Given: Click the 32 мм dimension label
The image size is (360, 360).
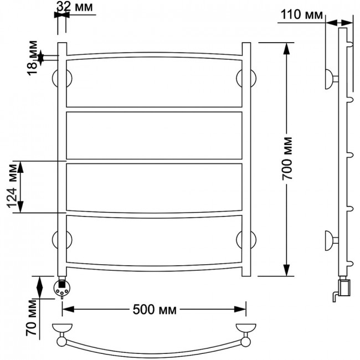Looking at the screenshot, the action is tap(75, 7).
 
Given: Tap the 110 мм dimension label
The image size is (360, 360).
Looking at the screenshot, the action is tap(301, 15).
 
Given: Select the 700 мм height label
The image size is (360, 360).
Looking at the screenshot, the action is tap(287, 158).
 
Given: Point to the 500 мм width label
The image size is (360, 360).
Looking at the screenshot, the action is tap(155, 310).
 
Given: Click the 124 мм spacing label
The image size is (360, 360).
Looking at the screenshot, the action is tap(12, 186).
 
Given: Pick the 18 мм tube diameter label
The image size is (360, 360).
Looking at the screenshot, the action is tap(32, 58).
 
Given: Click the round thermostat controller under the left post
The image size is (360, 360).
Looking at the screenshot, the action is tap(61, 289).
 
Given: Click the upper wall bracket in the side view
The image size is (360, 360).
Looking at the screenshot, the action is tap(330, 79).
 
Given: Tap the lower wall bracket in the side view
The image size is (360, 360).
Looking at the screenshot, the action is tap(330, 240).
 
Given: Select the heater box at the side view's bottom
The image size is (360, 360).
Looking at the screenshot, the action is tap(344, 287).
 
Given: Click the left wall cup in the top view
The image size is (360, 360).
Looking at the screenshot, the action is tap(62, 328).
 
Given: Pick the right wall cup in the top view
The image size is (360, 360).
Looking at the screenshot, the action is tap(246, 328).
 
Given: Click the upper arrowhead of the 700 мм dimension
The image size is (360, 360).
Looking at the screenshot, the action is tap(286, 49).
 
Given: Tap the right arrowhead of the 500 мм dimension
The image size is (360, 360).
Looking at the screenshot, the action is tap(240, 309).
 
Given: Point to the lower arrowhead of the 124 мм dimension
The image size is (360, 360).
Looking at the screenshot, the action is tap(20, 207).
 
